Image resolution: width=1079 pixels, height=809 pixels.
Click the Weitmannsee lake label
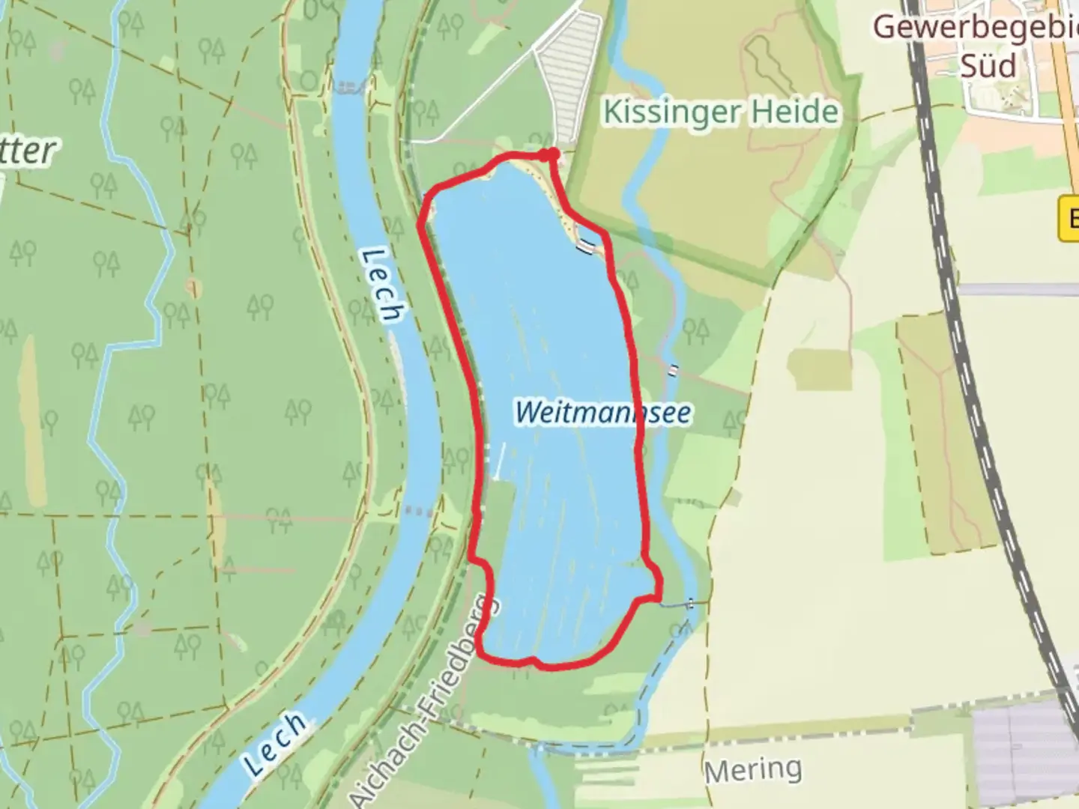click(x=602, y=412)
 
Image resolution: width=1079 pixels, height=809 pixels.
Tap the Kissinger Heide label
click(x=720, y=112)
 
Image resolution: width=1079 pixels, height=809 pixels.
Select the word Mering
click(x=753, y=769)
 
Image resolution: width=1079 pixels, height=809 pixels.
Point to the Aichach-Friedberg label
click(x=424, y=700)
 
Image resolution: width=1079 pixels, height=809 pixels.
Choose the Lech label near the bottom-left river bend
click(x=276, y=744)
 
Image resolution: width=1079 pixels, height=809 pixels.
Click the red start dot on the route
click(x=552, y=154)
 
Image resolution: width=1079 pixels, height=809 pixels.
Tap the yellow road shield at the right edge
click(x=1069, y=219)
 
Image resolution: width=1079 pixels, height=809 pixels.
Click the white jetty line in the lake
click(x=497, y=459)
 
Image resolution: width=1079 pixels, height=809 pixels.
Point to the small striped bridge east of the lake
click(x=675, y=369)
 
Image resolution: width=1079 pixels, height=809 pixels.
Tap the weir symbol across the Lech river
click(x=345, y=88)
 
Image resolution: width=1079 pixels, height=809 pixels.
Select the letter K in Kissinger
click(x=613, y=112)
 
